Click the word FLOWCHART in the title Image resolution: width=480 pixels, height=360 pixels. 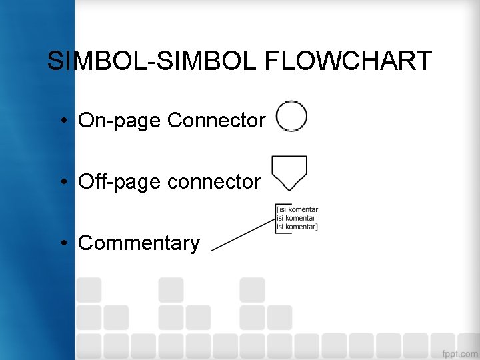click(x=349, y=61)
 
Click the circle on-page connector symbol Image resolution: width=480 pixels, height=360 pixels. click(x=291, y=117)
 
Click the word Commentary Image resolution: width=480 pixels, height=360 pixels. click(x=139, y=243)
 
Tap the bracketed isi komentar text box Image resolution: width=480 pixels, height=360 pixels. click(x=297, y=218)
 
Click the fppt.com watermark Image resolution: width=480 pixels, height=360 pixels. click(x=459, y=352)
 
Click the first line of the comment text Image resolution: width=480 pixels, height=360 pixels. click(x=297, y=210)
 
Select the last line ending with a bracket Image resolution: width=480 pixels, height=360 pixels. click(x=297, y=227)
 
